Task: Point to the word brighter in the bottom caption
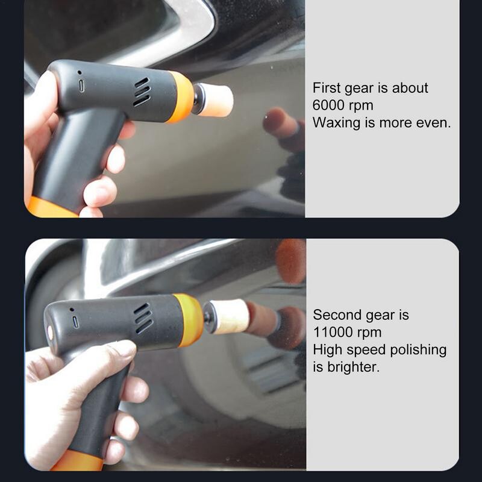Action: point(354,367)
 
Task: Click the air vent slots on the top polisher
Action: point(142,92)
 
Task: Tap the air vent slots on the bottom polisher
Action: point(142,319)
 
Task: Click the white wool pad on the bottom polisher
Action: point(228,318)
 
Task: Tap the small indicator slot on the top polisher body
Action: point(81,86)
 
